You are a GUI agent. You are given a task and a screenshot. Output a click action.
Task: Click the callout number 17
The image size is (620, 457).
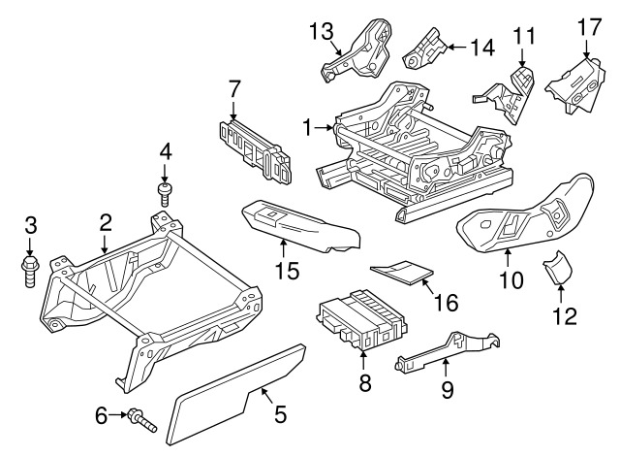(x=589, y=27)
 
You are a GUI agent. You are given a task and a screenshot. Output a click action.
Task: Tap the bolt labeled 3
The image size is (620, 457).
(x=29, y=272)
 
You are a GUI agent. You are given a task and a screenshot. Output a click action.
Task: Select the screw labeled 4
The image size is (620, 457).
(x=165, y=194)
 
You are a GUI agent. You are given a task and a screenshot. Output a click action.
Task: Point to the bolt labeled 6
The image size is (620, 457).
(x=142, y=420)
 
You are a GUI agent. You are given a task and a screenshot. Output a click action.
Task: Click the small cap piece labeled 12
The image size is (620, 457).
(x=558, y=268)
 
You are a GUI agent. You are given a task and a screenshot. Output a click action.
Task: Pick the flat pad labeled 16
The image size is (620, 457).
(x=402, y=272)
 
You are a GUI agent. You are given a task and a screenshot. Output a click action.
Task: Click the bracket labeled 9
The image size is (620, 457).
(x=447, y=351)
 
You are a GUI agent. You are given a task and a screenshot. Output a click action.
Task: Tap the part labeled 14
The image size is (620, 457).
(x=425, y=50)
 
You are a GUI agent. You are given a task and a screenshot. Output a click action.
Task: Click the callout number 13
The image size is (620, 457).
(x=322, y=32)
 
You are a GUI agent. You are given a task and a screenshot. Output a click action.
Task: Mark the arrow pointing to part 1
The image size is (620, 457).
(x=325, y=127)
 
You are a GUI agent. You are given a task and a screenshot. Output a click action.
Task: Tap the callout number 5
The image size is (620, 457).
(x=280, y=414)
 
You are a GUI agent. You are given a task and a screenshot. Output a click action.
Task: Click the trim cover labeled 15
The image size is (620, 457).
(x=300, y=226)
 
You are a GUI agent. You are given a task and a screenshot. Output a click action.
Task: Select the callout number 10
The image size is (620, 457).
(x=511, y=279)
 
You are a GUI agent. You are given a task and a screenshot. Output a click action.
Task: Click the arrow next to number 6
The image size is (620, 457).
(x=118, y=414)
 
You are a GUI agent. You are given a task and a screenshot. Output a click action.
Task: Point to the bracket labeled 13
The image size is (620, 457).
(x=356, y=50)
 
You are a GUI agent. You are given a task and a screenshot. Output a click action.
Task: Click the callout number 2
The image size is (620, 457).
(x=105, y=223)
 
